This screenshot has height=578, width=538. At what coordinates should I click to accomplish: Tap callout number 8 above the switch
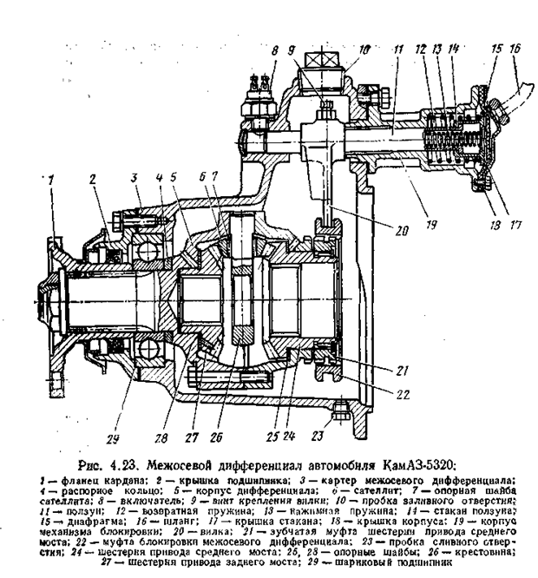(275, 52)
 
